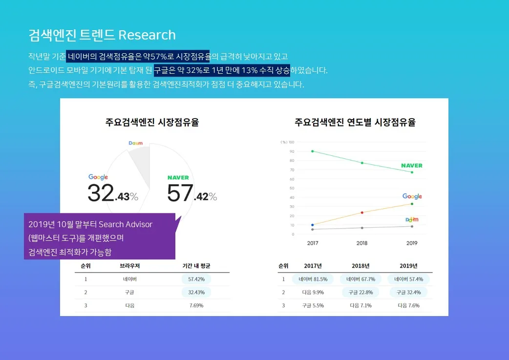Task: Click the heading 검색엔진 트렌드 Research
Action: (102, 35)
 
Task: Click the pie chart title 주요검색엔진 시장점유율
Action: (152, 122)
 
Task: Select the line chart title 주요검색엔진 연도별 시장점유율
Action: (355, 122)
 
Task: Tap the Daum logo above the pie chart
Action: (136, 143)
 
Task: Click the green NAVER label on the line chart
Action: (411, 166)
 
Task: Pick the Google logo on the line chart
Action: (412, 196)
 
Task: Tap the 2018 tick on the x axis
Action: (362, 243)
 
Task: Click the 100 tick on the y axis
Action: (291, 142)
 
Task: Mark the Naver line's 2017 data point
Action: (312, 151)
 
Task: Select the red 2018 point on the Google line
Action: (362, 212)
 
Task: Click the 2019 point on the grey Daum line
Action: (412, 226)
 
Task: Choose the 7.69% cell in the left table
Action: (196, 305)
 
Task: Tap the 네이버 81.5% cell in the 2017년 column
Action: (313, 279)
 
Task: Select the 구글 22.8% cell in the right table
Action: (361, 292)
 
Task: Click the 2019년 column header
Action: (408, 266)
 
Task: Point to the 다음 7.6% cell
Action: (408, 305)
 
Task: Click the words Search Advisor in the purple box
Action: (126, 225)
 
